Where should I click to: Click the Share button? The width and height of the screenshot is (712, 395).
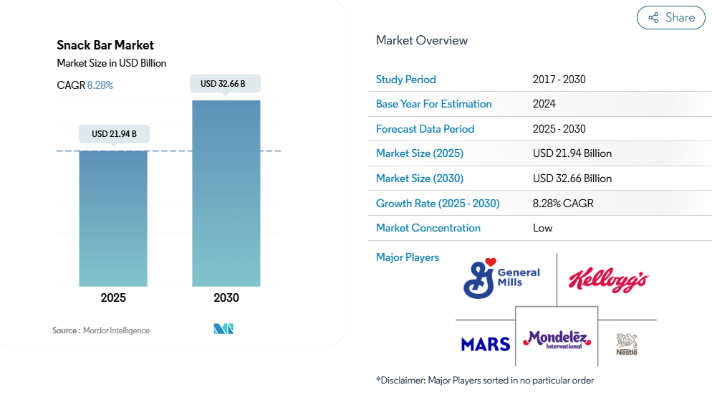click(x=670, y=18)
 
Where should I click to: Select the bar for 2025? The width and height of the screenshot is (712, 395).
click(x=113, y=219)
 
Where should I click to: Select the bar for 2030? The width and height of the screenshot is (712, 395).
click(x=226, y=194)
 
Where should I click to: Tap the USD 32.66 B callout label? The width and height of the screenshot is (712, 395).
click(x=225, y=84)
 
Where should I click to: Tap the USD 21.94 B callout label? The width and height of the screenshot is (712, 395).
click(x=114, y=134)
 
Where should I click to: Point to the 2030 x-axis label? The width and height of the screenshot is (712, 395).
click(x=226, y=298)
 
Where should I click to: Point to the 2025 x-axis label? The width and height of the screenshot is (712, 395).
click(x=113, y=298)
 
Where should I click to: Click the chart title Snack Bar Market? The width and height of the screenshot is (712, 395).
click(x=105, y=45)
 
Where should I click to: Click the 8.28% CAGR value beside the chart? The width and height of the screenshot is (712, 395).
click(x=100, y=85)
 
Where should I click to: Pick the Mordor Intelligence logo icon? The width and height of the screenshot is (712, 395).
click(x=223, y=328)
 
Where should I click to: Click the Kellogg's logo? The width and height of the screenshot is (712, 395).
click(x=608, y=280)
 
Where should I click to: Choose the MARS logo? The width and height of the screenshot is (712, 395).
click(x=486, y=344)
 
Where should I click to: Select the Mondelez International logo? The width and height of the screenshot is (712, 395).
click(x=557, y=340)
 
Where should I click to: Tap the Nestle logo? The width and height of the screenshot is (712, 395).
click(x=627, y=344)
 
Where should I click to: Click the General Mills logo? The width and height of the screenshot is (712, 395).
click(x=501, y=278)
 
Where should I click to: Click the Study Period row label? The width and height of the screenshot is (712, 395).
click(x=406, y=80)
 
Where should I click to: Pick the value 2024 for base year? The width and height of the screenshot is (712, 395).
click(x=544, y=104)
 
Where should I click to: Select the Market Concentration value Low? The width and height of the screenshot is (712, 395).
click(x=543, y=228)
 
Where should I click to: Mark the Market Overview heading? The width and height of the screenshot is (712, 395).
click(x=422, y=40)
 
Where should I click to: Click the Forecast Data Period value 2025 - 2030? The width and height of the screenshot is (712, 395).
click(x=559, y=129)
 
